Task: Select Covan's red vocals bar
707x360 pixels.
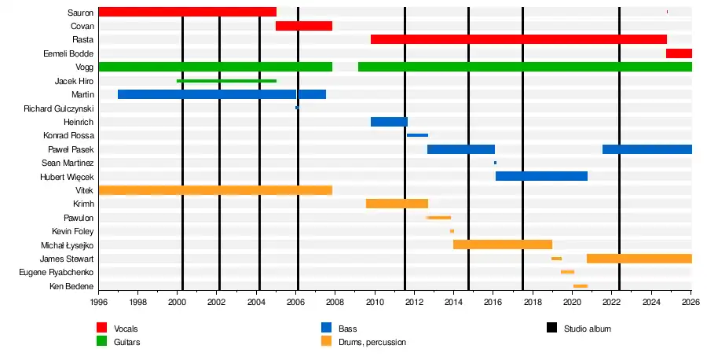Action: point(304,26)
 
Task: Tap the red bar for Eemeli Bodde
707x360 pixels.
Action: point(679,53)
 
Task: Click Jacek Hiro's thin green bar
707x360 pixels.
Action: point(226,81)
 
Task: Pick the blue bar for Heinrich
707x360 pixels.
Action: point(389,122)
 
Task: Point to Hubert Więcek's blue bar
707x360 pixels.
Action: point(541,176)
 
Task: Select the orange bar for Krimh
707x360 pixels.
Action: point(397,204)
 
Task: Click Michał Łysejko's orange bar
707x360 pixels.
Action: point(503,244)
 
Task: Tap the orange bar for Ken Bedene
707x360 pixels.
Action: point(581,286)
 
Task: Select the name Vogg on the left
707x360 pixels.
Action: point(85,68)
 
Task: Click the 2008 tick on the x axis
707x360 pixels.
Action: point(335,301)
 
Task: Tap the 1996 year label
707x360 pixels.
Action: point(99,301)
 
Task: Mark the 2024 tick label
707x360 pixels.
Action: point(651,301)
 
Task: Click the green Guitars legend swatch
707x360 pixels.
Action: point(102,341)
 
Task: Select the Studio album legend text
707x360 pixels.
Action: point(587,329)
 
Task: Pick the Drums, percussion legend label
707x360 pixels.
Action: point(372,342)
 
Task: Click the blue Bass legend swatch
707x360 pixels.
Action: point(327,328)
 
